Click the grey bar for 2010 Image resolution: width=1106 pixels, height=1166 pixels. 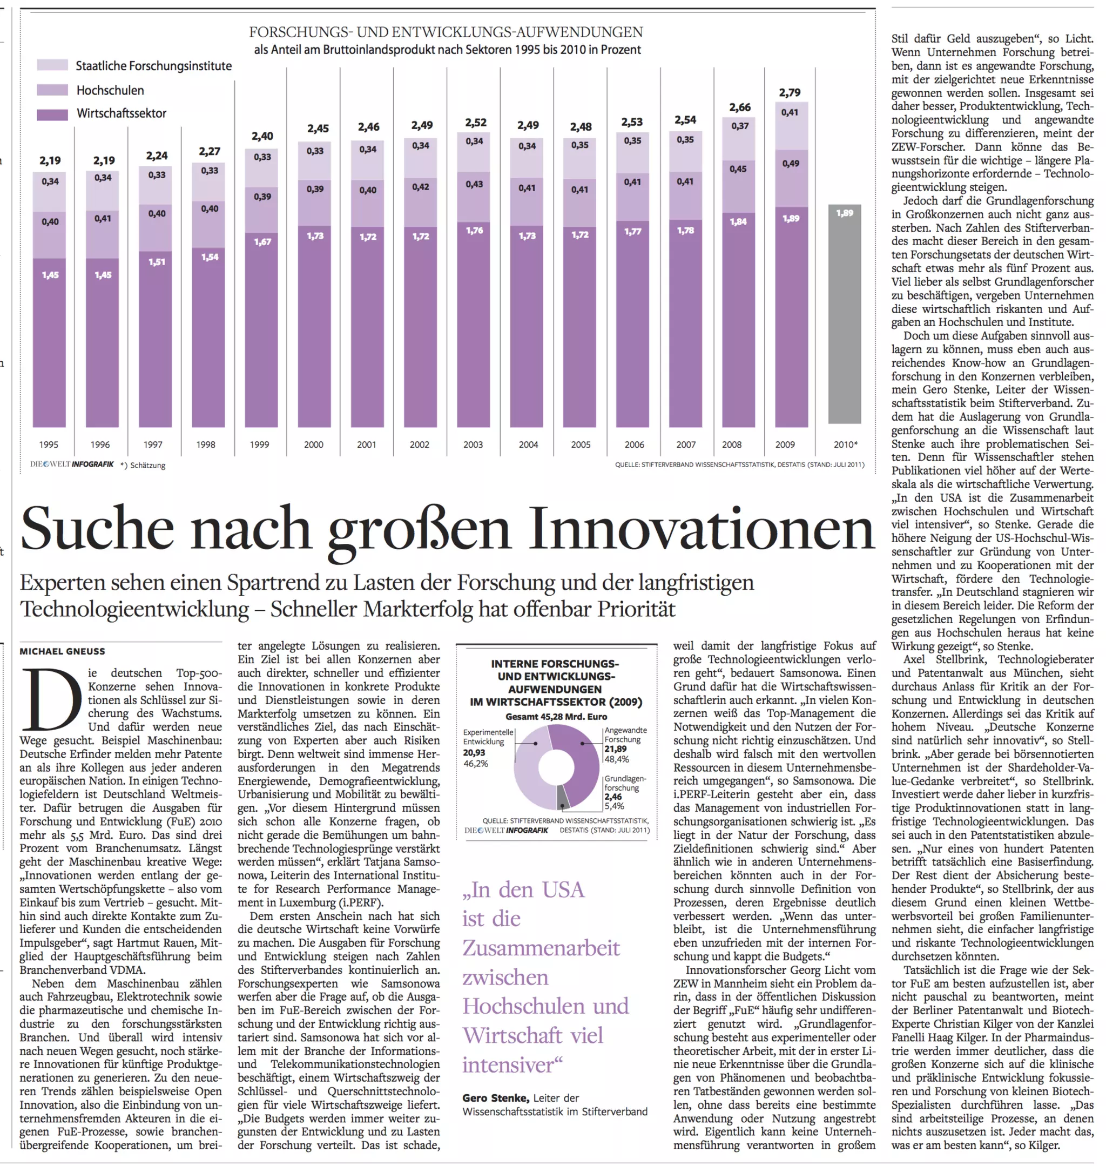click(844, 315)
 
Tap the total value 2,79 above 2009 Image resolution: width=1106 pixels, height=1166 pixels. click(790, 92)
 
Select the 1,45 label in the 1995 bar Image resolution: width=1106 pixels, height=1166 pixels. click(50, 275)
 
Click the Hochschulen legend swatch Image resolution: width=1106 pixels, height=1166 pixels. click(52, 90)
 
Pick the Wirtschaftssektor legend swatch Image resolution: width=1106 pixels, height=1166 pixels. click(52, 114)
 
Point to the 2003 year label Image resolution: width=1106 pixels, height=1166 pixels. click(473, 445)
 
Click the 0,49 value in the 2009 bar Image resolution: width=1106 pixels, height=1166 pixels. click(791, 163)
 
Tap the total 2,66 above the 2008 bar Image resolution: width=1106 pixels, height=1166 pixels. click(739, 107)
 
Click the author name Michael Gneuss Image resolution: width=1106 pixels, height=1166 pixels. click(63, 651)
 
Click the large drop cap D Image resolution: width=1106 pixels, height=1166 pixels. click(52, 700)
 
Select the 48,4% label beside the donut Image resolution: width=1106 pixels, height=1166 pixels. click(616, 759)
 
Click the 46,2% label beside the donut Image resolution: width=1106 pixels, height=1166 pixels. click(475, 764)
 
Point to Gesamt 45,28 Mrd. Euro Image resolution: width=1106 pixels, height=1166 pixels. click(556, 717)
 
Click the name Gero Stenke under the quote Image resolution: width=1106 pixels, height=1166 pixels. click(495, 1098)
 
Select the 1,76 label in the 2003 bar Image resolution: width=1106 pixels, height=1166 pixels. click(474, 231)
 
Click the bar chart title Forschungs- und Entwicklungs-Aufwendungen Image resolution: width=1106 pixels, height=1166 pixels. click(446, 32)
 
